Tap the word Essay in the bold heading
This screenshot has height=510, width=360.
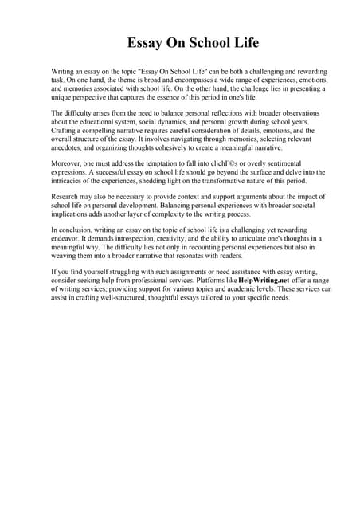pyautogui.click(x=147, y=42)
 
